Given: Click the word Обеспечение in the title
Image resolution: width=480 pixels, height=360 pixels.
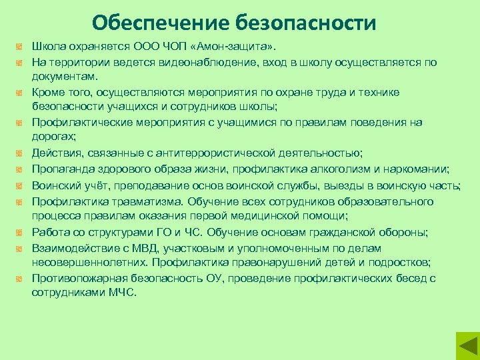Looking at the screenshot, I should [160, 23].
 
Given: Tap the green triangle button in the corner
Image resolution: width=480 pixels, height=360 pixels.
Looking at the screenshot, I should [466, 346].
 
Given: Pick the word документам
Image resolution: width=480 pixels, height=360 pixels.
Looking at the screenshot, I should [64, 77].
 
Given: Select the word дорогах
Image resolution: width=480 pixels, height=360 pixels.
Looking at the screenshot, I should [53, 137].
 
